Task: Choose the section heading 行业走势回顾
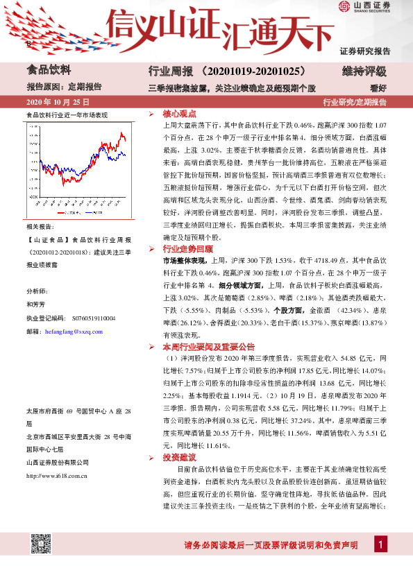188,248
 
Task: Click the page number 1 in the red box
380,544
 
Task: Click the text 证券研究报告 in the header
365,51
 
